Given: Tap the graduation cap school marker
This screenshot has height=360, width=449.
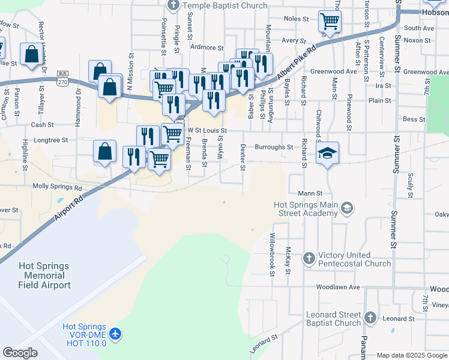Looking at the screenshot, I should [328, 154].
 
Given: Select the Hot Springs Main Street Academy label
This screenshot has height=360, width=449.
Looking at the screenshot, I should [306, 209].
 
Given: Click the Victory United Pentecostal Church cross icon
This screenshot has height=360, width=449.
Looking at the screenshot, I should [309, 257].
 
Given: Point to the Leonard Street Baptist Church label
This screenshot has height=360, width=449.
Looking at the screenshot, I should [334, 319].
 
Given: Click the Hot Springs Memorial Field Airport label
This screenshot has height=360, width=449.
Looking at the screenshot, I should [44, 275].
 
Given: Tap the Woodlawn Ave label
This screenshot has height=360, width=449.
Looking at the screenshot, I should [338, 287].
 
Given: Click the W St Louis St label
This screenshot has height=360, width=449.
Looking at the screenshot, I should [206, 130].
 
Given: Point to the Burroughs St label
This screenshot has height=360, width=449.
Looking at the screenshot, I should [273, 147].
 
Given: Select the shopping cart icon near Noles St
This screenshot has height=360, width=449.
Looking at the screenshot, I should [330, 22].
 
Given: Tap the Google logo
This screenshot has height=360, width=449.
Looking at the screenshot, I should [20, 353].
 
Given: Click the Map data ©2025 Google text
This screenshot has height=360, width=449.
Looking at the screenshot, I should [412, 355].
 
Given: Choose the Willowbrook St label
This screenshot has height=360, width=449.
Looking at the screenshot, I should [272, 254].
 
